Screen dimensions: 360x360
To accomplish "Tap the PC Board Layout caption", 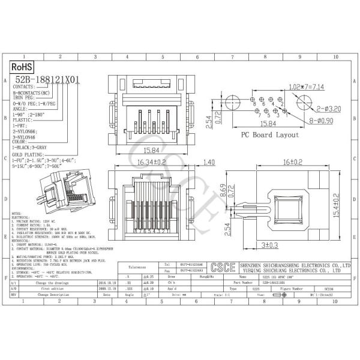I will [270, 135].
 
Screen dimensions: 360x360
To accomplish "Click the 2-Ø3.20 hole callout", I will [329, 109].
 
